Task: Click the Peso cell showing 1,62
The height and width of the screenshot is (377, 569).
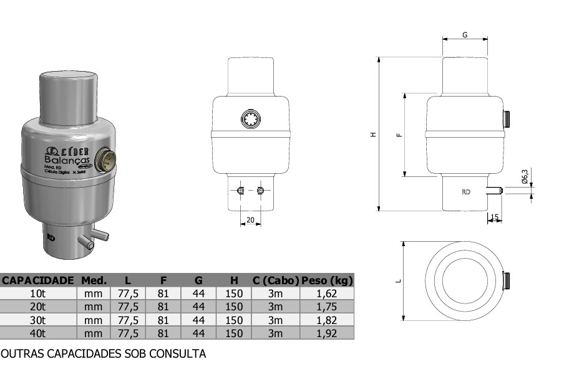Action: pyautogui.click(x=328, y=293)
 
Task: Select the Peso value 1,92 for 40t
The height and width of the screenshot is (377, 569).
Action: pyautogui.click(x=328, y=333)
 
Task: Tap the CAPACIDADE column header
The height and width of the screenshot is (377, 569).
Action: pyautogui.click(x=39, y=280)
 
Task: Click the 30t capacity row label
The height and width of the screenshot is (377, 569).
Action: pyautogui.click(x=38, y=320)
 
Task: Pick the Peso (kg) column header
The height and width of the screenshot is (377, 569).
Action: pyautogui.click(x=328, y=280)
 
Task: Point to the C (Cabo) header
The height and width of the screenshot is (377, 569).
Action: pyautogui.click(x=276, y=280)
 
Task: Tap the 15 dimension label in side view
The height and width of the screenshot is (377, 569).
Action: pyautogui.click(x=495, y=217)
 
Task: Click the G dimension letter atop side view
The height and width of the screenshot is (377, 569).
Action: pyautogui.click(x=465, y=35)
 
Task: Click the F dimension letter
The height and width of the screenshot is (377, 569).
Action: pyautogui.click(x=400, y=134)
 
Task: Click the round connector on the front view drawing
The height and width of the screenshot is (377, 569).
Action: pyautogui.click(x=251, y=118)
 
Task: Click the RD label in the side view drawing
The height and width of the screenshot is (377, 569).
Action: pyautogui.click(x=465, y=192)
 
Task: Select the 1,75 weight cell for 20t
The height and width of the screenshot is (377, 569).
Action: pyautogui.click(x=328, y=307)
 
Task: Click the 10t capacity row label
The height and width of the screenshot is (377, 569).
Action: pyautogui.click(x=38, y=293)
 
